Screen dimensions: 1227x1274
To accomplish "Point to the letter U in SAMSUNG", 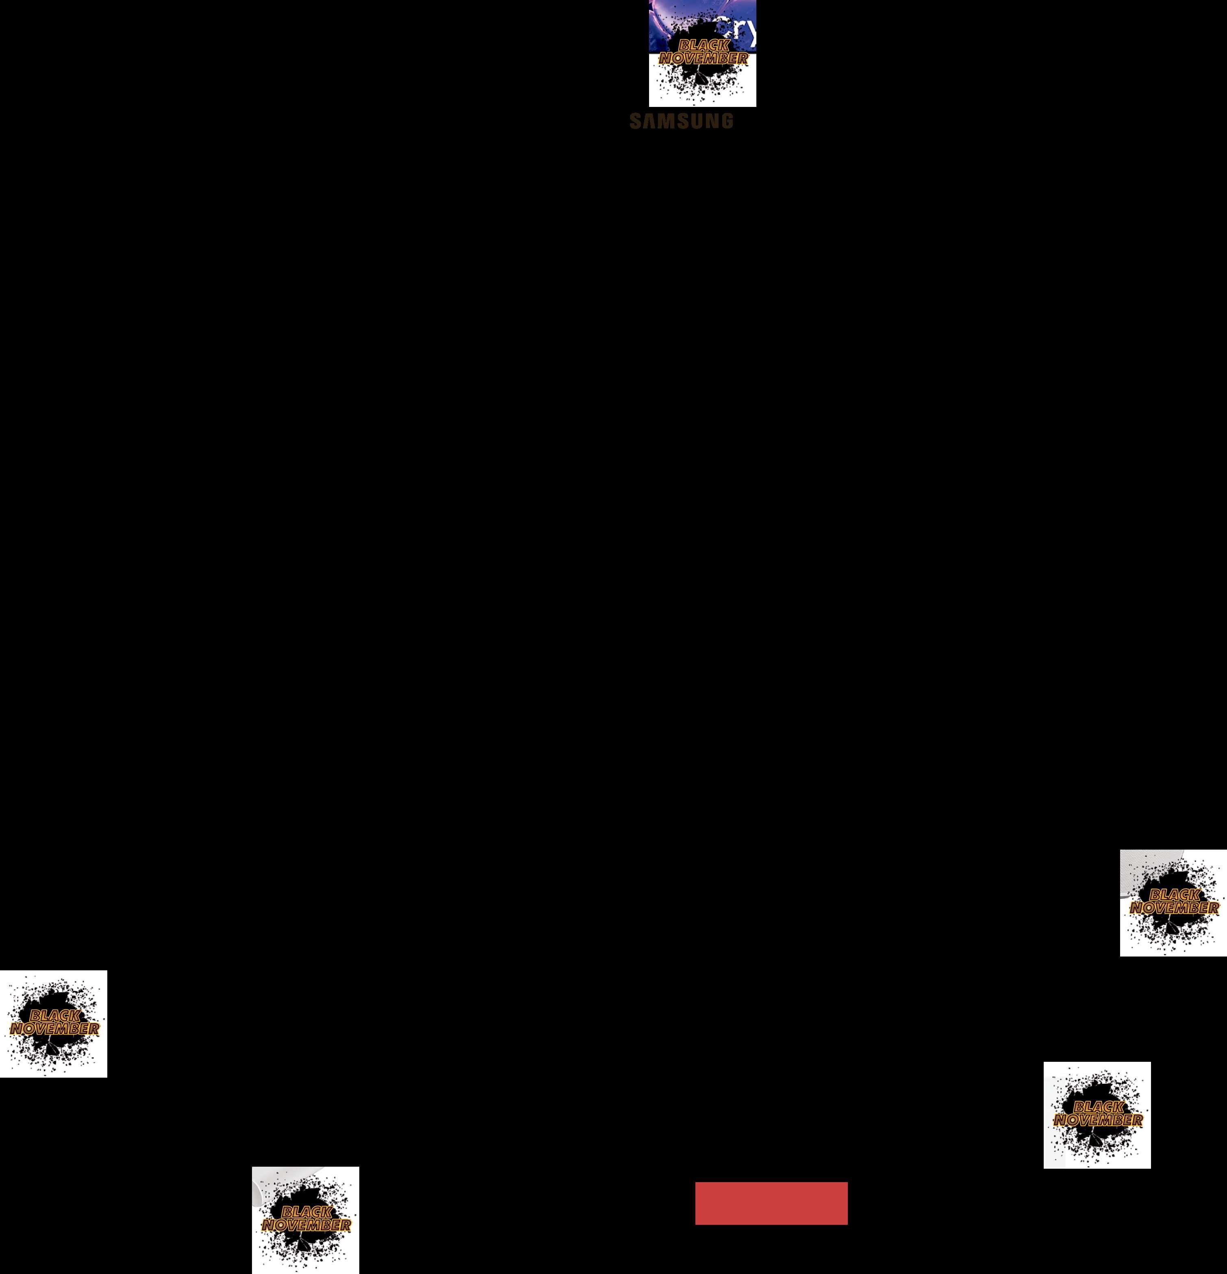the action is coord(697,121).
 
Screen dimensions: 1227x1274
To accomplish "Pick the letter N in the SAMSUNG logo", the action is coord(712,121).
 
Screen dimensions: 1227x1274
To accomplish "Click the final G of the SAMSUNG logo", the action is coord(727,121).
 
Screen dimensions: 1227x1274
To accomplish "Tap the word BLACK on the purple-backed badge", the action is coord(703,46).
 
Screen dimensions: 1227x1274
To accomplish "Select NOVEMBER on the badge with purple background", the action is coord(703,59).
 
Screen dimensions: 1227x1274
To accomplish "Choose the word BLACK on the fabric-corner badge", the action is coord(1174,895).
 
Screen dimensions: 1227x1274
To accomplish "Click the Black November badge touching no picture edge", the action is coord(1097,1115).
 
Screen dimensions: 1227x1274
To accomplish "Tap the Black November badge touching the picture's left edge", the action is coord(53,1024).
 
